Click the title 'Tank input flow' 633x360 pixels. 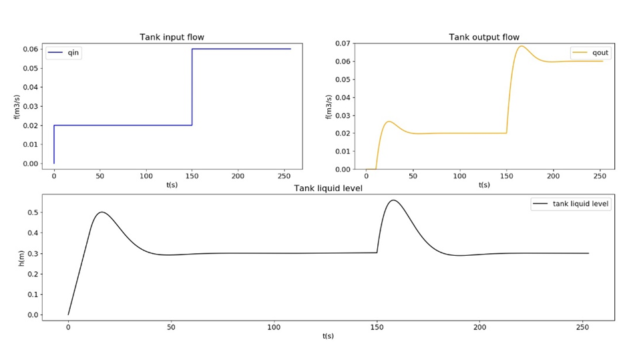pos(172,37)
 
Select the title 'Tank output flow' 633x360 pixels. pos(484,37)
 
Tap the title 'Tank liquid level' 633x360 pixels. pos(328,188)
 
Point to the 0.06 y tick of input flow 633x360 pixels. pos(31,49)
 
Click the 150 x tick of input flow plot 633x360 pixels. pos(192,177)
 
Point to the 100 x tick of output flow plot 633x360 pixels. pos(459,177)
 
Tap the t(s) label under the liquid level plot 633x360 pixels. pos(328,336)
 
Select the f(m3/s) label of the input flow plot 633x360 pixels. pos(17,106)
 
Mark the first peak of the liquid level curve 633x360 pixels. pos(101,212)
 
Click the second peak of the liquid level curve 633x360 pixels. pos(393,200)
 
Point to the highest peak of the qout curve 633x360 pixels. pos(521,46)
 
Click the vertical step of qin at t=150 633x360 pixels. pos(192,87)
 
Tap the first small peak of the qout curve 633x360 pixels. pos(389,122)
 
